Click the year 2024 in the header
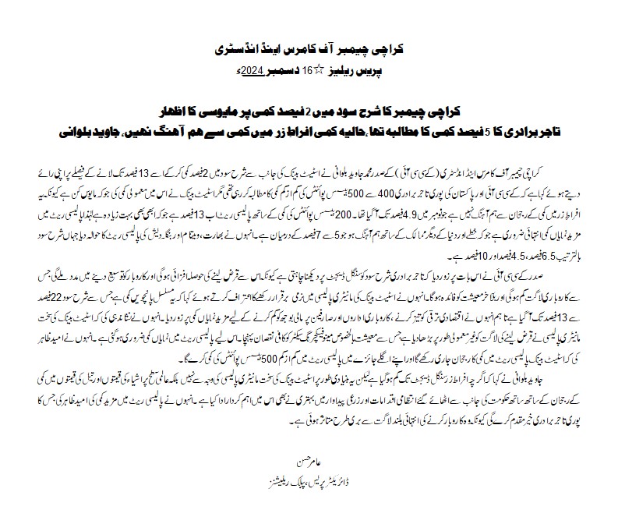click(x=252, y=71)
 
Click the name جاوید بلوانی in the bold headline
click(x=90, y=125)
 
